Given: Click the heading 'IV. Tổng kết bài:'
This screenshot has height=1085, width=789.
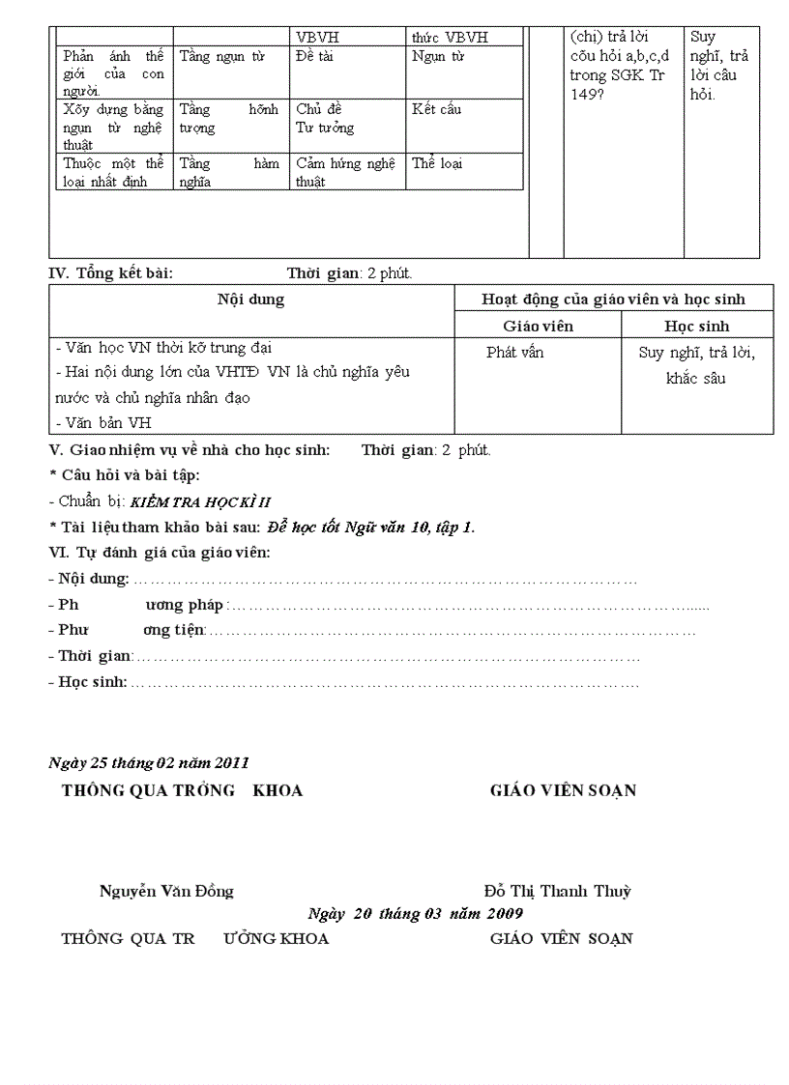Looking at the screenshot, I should pos(111,273).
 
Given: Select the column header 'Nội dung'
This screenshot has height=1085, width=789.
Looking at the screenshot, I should pos(251,300).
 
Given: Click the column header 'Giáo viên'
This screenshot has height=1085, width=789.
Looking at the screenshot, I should pos(538,327).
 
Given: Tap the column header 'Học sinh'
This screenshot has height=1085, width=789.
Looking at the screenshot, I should pos(696,327).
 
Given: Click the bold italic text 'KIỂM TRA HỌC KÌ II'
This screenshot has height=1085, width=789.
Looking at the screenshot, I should pos(200,501).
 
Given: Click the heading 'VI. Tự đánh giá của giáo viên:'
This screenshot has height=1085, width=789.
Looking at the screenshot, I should pos(160,553).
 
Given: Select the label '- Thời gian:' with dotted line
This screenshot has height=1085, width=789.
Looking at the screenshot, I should pos(92,656).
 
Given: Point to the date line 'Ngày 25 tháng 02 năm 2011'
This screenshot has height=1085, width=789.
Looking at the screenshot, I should pos(149,763).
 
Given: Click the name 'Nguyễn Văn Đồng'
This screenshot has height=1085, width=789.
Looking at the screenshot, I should pos(166,892).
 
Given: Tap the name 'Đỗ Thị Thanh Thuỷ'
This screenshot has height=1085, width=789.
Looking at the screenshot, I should pos(558,892).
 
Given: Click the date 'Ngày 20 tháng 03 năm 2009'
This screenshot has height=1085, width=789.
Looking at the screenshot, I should pos(416,914).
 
